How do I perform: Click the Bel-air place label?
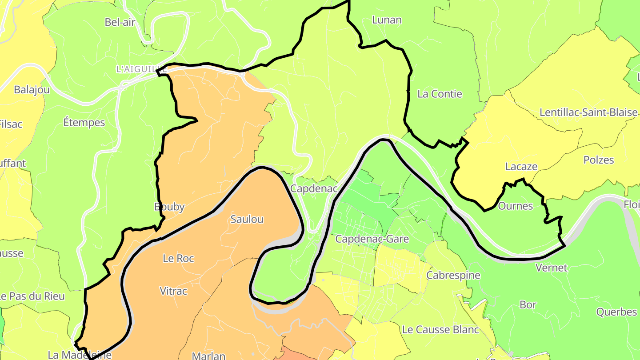(120, 22)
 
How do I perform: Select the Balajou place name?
(32, 90)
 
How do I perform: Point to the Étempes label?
(84, 122)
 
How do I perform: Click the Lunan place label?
(387, 20)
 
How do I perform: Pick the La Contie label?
(440, 94)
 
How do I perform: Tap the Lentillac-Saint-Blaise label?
(588, 112)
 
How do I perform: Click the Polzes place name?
(599, 160)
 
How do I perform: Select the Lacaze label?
(521, 167)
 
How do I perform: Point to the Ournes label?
(515, 206)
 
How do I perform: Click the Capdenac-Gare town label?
(372, 239)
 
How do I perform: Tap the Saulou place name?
(247, 219)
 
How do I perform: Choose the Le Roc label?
(178, 258)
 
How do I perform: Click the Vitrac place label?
(173, 291)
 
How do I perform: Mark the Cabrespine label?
(453, 275)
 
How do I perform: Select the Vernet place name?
(551, 268)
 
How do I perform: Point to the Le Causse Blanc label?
(440, 329)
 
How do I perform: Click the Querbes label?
(616, 312)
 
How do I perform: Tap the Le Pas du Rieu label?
(32, 296)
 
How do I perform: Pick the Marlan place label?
(208, 356)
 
